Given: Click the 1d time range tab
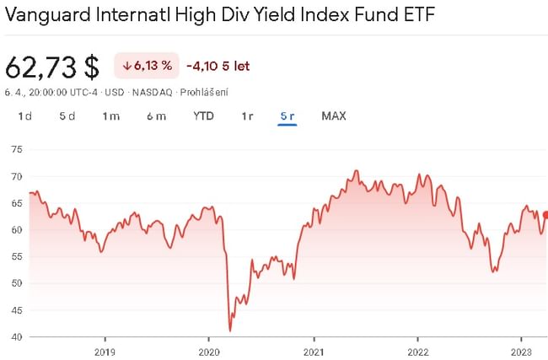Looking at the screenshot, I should (24, 116).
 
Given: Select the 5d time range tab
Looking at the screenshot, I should (67, 116).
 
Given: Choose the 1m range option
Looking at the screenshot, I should (111, 116).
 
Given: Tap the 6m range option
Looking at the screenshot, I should (156, 116).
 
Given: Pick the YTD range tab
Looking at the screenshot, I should (203, 116).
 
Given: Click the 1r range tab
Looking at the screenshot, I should (247, 116).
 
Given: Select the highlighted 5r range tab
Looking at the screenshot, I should (287, 116).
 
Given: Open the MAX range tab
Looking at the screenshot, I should (334, 116).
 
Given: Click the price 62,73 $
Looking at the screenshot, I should (52, 66).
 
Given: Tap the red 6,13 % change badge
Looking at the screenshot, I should (147, 66).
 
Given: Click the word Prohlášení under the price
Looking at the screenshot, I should (207, 92).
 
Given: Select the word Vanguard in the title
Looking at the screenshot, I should (48, 16).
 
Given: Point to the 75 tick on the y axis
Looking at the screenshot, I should (16, 150).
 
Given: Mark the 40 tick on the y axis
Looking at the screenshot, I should (16, 337).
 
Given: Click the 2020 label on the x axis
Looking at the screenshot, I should (208, 351).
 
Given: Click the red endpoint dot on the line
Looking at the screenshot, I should (545, 215).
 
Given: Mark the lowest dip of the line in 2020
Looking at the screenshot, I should (230, 330).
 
